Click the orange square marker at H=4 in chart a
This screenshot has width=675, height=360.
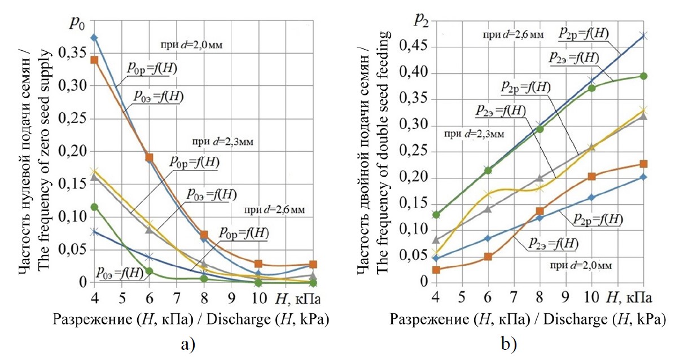pyautogui.click(x=94, y=60)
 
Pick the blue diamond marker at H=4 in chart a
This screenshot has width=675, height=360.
pyautogui.click(x=94, y=38)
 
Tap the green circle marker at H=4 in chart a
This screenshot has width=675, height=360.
pyautogui.click(x=94, y=207)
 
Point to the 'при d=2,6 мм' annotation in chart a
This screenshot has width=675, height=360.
pyautogui.click(x=274, y=210)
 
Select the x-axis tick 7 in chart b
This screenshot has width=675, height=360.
pyautogui.click(x=513, y=296)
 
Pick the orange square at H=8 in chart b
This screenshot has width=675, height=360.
pyautogui.click(x=540, y=211)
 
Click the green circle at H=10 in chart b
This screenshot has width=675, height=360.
pyautogui.click(x=591, y=87)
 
